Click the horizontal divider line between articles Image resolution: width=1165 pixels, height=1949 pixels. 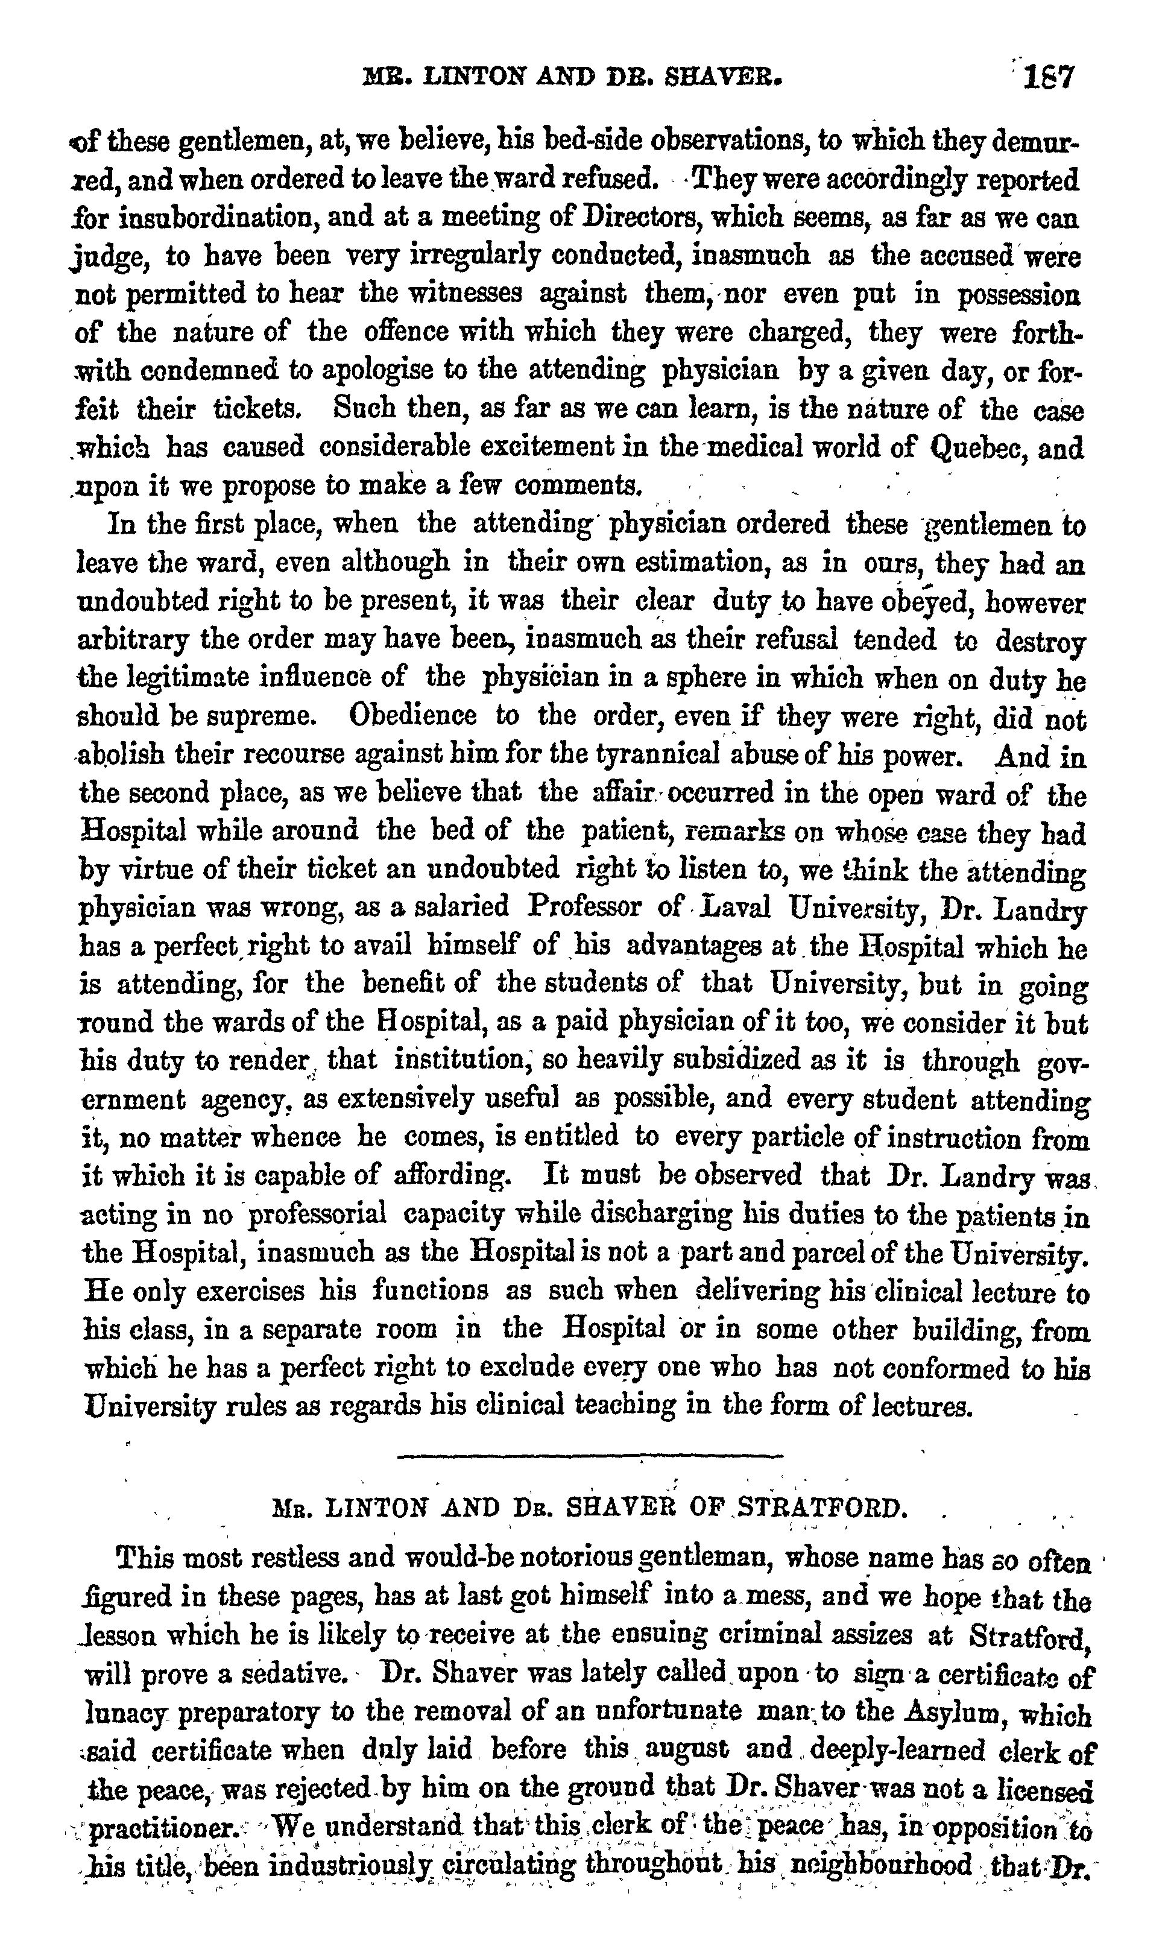pyautogui.click(x=590, y=1456)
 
